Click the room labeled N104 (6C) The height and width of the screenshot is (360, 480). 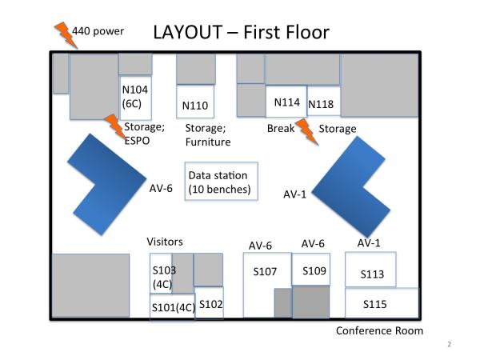pyautogui.click(x=135, y=96)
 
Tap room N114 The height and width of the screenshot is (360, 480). pyautogui.click(x=286, y=102)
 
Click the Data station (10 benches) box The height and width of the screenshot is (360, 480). pyautogui.click(x=218, y=182)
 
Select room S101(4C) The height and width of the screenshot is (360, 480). pyautogui.click(x=172, y=306)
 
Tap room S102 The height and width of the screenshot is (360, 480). pyautogui.click(x=210, y=303)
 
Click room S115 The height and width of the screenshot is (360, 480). pyautogui.click(x=381, y=303)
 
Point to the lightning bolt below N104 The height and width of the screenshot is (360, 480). pyautogui.click(x=114, y=127)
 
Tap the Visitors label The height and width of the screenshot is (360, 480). pyautogui.click(x=165, y=242)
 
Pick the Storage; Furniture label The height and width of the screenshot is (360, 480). pyautogui.click(x=207, y=135)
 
